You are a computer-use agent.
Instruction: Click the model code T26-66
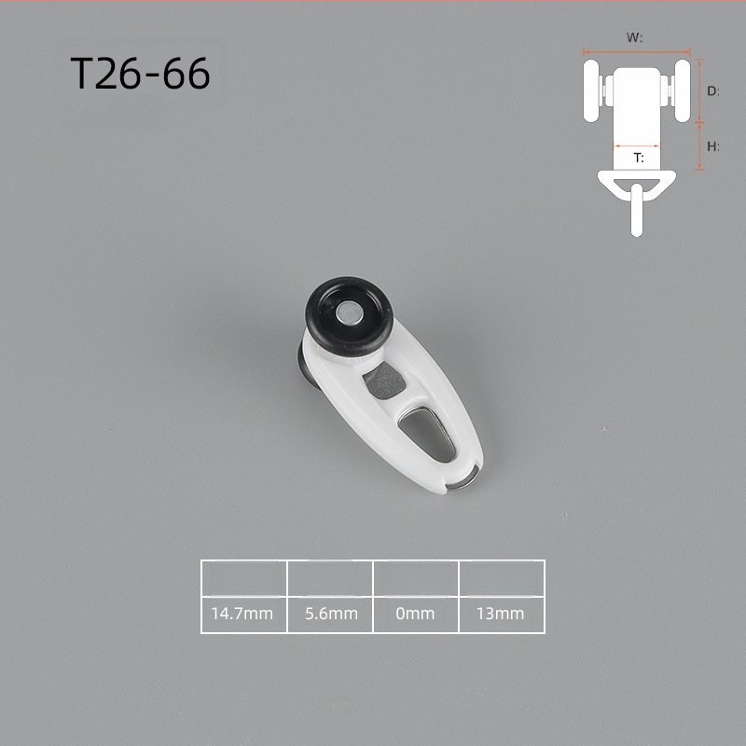140,74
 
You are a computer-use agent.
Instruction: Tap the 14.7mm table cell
244,615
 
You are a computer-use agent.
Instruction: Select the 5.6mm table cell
330,615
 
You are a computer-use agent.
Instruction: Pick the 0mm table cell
416,615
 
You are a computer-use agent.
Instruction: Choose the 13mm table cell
502,615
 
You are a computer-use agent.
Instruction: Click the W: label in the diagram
634,37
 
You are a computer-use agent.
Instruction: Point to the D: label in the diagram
712,90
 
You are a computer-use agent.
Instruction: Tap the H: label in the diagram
712,146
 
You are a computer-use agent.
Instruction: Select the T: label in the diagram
639,158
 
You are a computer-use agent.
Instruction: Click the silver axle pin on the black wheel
350,314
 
